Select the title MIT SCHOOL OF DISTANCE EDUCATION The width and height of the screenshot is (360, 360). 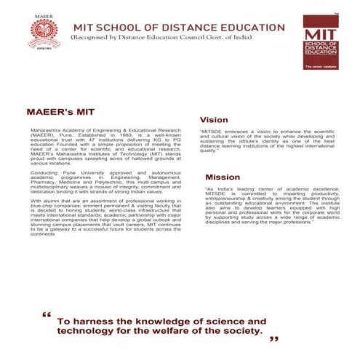(x=180, y=28)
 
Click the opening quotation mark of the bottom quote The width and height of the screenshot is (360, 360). (x=47, y=316)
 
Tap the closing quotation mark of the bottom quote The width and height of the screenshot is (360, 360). (x=274, y=339)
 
